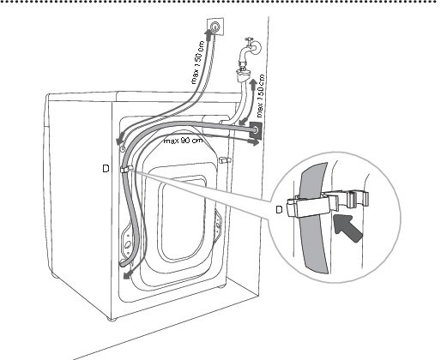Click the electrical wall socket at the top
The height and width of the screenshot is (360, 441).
coord(214,27)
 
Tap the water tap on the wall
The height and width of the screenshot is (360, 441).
coord(250,49)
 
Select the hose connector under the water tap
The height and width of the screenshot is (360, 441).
coord(243,74)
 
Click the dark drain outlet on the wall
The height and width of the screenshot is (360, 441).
coord(256,130)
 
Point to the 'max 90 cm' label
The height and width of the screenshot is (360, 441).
coord(184,141)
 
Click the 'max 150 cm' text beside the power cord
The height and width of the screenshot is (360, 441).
coord(198,63)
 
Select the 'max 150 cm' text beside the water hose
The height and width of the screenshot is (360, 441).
coord(261,96)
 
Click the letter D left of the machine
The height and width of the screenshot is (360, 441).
coord(106,169)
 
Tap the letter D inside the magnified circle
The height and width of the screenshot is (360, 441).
coord(279,210)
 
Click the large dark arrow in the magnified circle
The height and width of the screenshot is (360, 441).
coord(348,228)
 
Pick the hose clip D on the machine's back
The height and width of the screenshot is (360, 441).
coord(126,169)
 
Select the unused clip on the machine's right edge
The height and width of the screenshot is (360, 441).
coord(225,160)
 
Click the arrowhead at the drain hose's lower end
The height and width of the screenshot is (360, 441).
coord(128,275)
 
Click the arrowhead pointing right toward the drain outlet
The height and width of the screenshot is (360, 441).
coord(253,141)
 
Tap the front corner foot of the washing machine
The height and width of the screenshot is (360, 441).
coord(112,319)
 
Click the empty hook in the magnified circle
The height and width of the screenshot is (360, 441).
coord(357,199)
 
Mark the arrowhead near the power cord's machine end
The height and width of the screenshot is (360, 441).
coord(120,140)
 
